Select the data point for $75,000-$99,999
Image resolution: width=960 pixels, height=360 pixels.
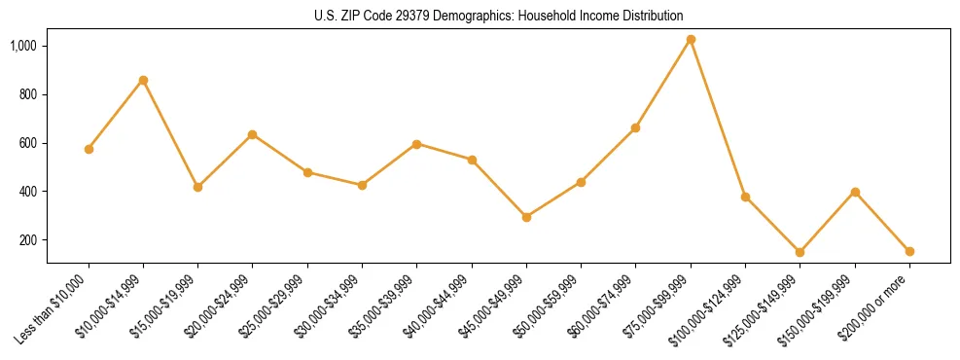[691, 40]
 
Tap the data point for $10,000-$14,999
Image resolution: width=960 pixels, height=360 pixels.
[143, 80]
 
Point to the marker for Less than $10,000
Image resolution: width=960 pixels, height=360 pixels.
[89, 149]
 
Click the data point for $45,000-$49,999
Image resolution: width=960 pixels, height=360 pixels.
[526, 217]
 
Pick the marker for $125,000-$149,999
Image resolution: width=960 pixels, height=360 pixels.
[800, 252]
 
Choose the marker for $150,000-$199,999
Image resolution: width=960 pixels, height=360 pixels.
[855, 192]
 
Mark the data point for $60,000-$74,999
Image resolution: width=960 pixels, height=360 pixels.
[635, 127]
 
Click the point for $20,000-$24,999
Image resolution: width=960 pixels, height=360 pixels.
[252, 134]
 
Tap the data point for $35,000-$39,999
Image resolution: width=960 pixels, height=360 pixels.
[416, 144]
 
